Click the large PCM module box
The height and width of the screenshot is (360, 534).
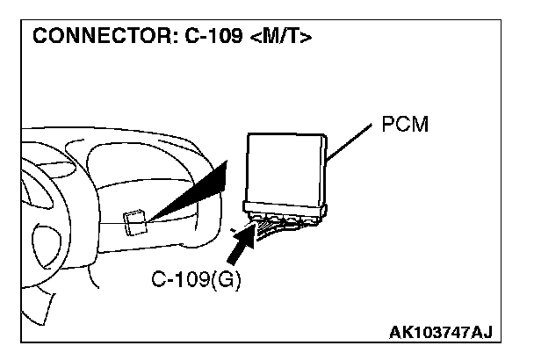pos(285,167)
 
